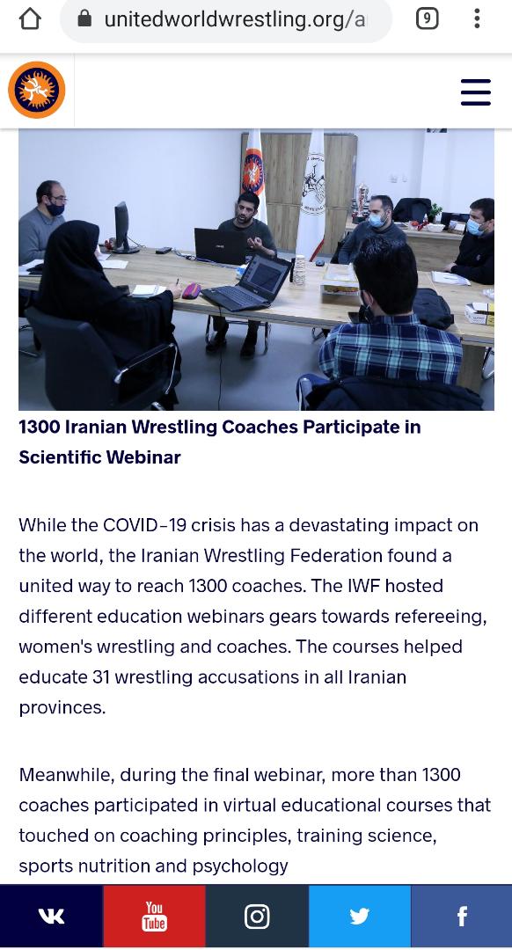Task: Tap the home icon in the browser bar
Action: (x=30, y=19)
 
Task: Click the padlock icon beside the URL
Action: (x=85, y=19)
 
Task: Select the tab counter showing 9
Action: (x=428, y=19)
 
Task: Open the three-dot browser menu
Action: (x=478, y=18)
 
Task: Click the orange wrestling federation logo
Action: (x=36, y=91)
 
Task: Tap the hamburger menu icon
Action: (x=476, y=92)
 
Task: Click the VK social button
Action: (x=52, y=916)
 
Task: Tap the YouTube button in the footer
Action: (x=155, y=916)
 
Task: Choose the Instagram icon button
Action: (x=257, y=916)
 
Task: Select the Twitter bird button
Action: (x=360, y=916)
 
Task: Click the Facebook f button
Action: (x=462, y=916)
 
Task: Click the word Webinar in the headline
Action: (x=141, y=457)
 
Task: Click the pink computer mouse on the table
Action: (x=192, y=291)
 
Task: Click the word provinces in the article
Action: (x=62, y=708)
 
